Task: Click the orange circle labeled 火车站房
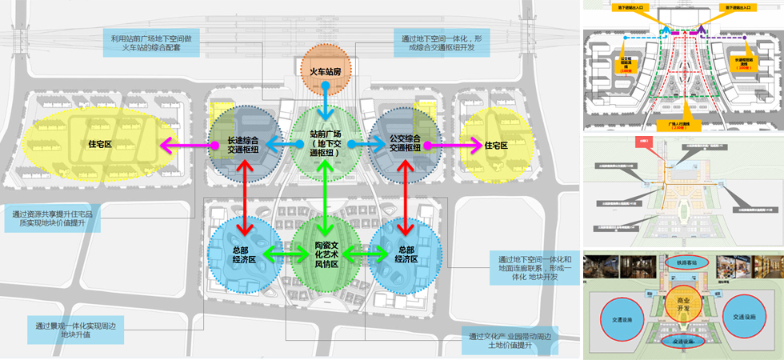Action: coord(326,71)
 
